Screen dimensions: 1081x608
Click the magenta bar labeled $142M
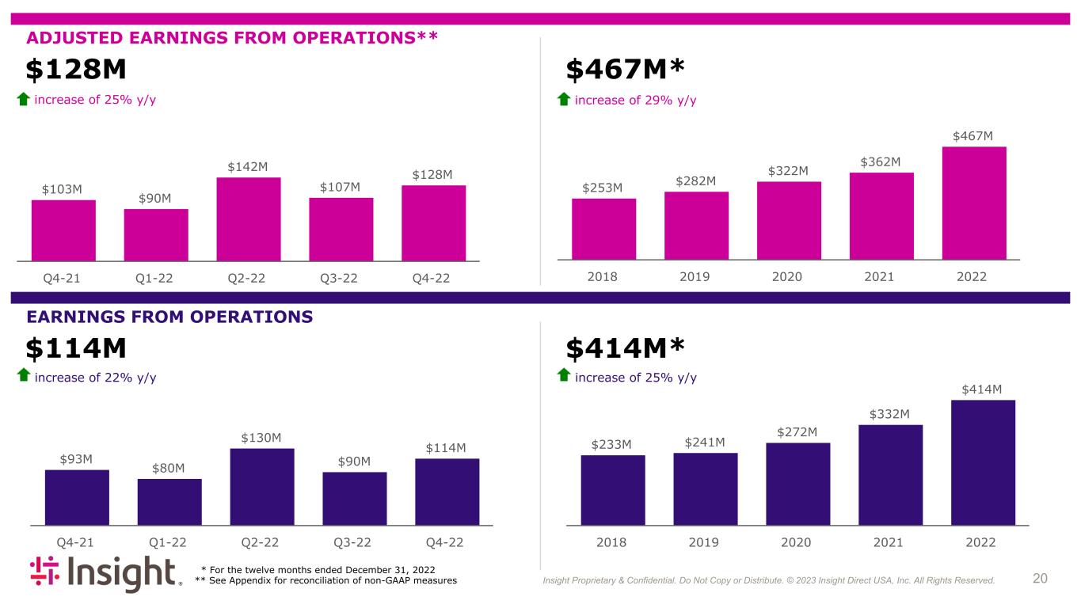pyautogui.click(x=249, y=219)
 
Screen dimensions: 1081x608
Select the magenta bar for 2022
pyautogui.click(x=974, y=203)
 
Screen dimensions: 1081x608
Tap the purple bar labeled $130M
pyautogui.click(x=262, y=487)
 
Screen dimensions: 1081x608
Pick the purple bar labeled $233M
pyautogui.click(x=613, y=490)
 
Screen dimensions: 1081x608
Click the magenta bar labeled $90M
pyautogui.click(x=156, y=235)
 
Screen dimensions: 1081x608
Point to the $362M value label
pyautogui.click(x=881, y=161)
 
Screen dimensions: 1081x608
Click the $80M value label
pyautogui.click(x=169, y=468)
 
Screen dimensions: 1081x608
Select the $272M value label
pyautogui.click(x=797, y=432)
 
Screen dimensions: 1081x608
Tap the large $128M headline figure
pyautogui.click(x=76, y=69)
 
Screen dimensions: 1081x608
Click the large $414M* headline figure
pyautogui.click(x=626, y=348)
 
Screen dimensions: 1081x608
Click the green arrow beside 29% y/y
pyautogui.click(x=564, y=99)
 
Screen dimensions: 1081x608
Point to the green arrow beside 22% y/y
pyautogui.click(x=24, y=375)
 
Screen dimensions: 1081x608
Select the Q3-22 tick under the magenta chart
pyautogui.click(x=339, y=279)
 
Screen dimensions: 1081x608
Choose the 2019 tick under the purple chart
pyautogui.click(x=703, y=542)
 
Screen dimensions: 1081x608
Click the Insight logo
pyautogui.click(x=106, y=573)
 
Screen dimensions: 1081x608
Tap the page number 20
pyautogui.click(x=1040, y=578)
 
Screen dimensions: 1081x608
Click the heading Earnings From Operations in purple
pyautogui.click(x=169, y=317)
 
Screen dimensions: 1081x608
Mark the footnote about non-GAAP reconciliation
pyautogui.click(x=325, y=580)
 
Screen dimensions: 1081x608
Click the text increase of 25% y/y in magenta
pyautogui.click(x=95, y=100)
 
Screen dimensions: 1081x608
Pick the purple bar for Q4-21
pyautogui.click(x=78, y=497)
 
